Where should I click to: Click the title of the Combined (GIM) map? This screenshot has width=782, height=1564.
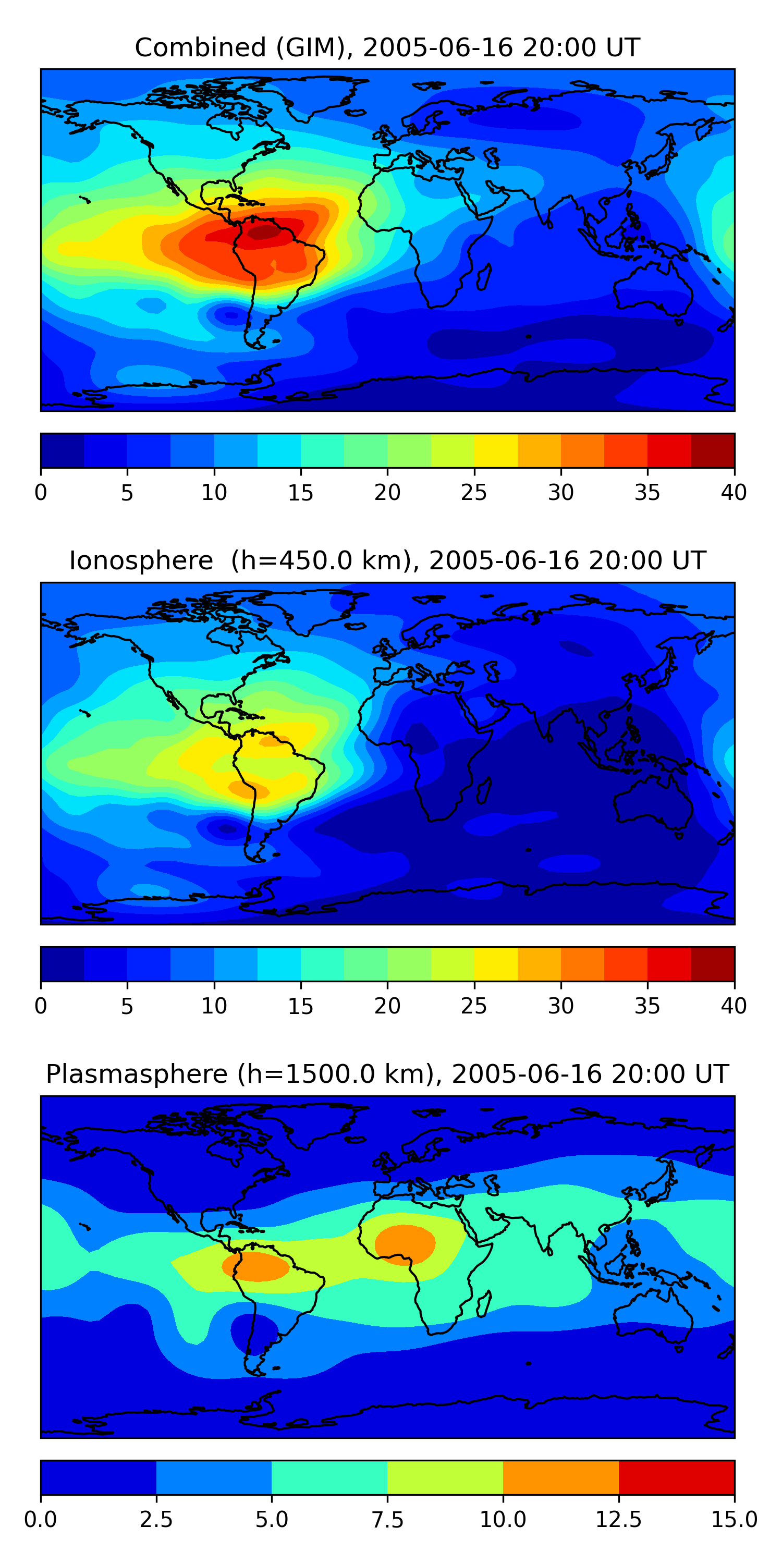pos(387,47)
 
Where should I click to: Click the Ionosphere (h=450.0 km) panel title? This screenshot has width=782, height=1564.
pos(387,560)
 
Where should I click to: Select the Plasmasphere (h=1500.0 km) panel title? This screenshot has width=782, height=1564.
pos(387,1074)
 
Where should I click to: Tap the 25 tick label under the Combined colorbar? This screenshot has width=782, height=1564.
pos(473,492)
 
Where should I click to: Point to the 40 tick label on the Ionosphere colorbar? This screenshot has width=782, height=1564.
pos(734,1006)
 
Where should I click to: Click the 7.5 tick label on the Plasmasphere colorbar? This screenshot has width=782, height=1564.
pos(387,1520)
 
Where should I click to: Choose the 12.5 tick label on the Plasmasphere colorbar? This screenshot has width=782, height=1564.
pos(618,1520)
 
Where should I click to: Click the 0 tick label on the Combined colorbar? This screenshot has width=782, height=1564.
pos(41,492)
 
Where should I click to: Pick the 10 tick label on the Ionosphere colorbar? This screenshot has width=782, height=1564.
pos(214,1006)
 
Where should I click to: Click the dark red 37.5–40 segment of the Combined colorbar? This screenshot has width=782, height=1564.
pos(713,450)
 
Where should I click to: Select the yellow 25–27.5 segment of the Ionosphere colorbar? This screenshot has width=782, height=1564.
pos(495,963)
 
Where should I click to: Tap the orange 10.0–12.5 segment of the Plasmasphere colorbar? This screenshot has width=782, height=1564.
pos(560,1477)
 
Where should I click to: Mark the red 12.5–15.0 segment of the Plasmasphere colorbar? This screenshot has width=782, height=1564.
pos(676,1477)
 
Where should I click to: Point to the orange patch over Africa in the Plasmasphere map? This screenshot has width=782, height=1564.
pos(405,1244)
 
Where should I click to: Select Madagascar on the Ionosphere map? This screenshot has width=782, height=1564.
pos(484,789)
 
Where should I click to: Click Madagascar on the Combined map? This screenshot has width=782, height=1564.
pos(484,276)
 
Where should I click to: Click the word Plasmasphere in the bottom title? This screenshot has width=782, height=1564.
pos(137,1074)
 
